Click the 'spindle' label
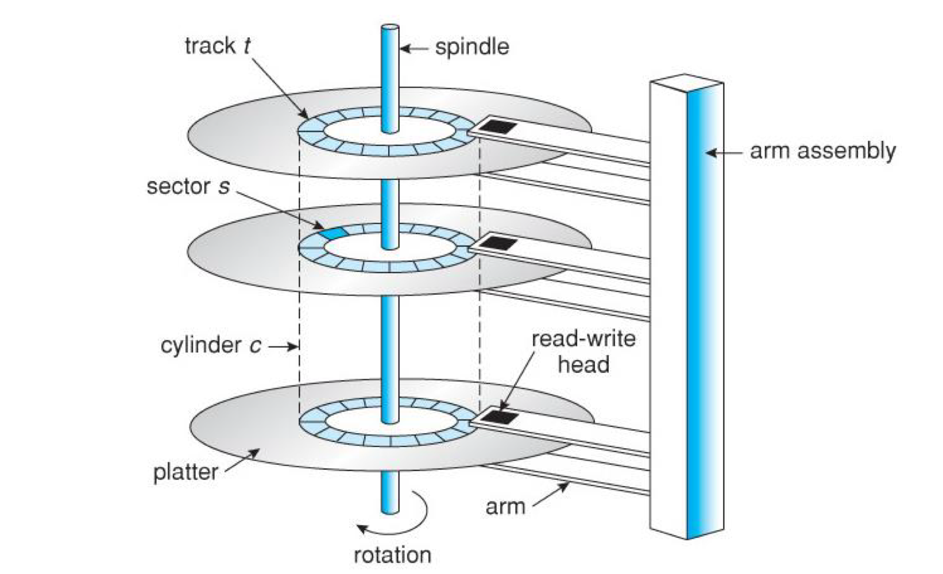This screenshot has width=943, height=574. click(x=472, y=48)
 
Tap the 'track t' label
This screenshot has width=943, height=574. click(x=218, y=45)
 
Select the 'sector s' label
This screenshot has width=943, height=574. click(x=188, y=187)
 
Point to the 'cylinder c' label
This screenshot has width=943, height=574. click(x=211, y=346)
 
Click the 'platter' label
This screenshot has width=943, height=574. click(x=185, y=472)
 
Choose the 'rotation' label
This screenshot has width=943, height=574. click(x=393, y=555)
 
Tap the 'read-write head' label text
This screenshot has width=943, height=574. click(x=583, y=352)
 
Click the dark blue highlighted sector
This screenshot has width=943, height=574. click(x=334, y=233)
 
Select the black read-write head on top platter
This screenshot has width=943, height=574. click(x=499, y=127)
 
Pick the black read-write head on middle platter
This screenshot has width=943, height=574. click(x=499, y=243)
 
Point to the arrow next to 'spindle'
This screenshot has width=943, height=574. click(x=414, y=49)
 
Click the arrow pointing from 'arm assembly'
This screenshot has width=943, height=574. click(x=724, y=152)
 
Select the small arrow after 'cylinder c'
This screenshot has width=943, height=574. click(x=283, y=346)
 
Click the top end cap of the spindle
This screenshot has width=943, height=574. click(x=390, y=28)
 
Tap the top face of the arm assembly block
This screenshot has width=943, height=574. click(x=687, y=83)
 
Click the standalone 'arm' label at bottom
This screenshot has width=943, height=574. click(x=505, y=507)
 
